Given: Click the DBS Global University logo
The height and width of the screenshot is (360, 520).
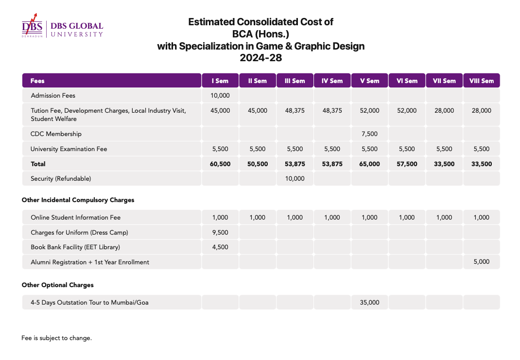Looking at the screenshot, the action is click(x=62, y=26).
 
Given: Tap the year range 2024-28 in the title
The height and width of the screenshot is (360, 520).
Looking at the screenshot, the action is click(x=260, y=58).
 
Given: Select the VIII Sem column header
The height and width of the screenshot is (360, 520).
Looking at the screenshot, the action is click(x=481, y=81).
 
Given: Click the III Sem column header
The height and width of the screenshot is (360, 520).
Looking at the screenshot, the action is click(x=295, y=81).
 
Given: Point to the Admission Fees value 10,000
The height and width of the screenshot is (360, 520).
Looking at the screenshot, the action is click(x=220, y=96).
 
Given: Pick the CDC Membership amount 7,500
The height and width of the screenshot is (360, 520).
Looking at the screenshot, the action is click(x=369, y=134).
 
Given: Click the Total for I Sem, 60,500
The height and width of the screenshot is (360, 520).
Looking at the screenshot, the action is click(x=220, y=164).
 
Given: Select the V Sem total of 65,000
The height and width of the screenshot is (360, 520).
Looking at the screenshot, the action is click(x=369, y=164).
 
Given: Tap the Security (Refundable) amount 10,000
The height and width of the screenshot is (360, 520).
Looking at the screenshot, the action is click(x=295, y=179).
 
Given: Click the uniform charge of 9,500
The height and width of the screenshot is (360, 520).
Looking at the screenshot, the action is click(x=220, y=232).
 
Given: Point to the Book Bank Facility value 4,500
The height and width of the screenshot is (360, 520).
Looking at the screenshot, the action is click(x=220, y=247).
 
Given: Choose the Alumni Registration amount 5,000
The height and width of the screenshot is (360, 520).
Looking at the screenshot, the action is click(x=481, y=261).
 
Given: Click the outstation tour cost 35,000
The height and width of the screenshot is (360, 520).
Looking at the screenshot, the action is click(x=369, y=302).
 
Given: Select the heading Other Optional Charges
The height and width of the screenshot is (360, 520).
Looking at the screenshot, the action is click(x=58, y=285).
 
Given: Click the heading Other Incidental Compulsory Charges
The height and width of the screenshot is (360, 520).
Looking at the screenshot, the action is click(x=78, y=200).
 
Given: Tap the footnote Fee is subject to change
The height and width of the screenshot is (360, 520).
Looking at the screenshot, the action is click(x=57, y=338).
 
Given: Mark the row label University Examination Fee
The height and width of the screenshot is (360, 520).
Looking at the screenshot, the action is click(x=69, y=149).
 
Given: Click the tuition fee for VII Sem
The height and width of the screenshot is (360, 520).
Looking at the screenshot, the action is click(x=444, y=111).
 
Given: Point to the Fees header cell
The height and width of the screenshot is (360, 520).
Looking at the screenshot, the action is click(x=112, y=81).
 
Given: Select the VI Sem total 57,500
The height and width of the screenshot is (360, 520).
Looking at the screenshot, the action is click(x=407, y=164).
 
